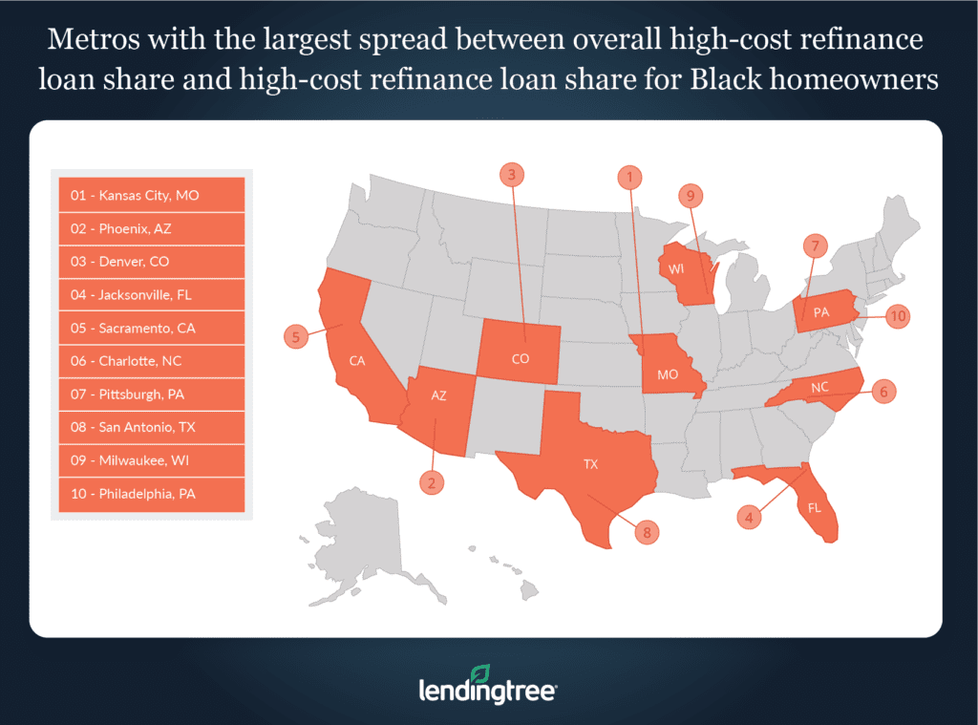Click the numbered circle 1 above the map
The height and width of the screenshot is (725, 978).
[629, 176]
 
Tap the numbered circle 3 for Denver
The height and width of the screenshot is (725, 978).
[512, 174]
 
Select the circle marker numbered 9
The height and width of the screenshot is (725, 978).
[691, 195]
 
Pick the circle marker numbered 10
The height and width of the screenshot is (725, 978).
[897, 316]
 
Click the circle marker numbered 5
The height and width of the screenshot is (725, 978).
[296, 336]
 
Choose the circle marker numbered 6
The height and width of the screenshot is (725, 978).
[884, 392]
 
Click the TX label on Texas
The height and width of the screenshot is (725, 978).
[591, 464]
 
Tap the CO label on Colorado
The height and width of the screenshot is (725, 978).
[520, 361]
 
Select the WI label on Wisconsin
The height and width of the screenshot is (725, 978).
[676, 269]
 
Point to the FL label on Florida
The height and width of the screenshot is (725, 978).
[815, 508]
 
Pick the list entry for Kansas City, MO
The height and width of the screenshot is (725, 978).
[152, 195]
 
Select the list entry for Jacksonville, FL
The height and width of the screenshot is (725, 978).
[152, 295]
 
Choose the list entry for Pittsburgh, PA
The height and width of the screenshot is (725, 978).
[152, 394]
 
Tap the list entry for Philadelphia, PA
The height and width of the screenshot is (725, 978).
[152, 494]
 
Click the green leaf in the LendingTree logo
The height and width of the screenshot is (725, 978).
[481, 672]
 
